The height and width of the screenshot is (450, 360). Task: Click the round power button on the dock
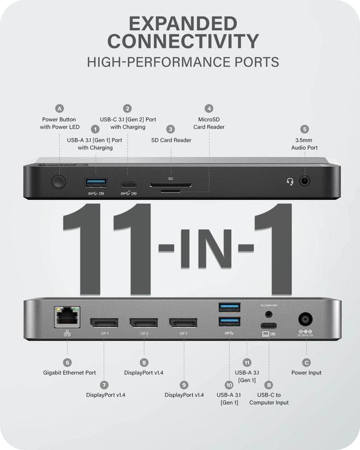coord(59,182)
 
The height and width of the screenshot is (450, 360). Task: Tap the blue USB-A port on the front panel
coord(96,182)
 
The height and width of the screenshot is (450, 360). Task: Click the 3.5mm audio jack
coord(305,182)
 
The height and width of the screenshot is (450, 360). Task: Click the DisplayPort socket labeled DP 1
coord(103,323)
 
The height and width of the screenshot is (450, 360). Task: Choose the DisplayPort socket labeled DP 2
coord(144,323)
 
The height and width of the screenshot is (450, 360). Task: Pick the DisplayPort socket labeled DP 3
coord(183,323)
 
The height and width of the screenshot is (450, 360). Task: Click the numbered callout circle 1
coord(95,128)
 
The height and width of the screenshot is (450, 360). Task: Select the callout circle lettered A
coord(59,107)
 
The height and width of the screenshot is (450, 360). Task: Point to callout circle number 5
coord(304,128)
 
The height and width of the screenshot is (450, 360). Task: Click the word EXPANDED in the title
coord(182,24)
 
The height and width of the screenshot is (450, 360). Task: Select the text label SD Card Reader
coord(171,140)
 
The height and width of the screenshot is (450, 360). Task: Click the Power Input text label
coord(306,372)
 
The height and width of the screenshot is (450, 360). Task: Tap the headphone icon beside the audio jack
coord(289,182)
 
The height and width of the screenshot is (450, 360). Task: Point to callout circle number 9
coord(184,385)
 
